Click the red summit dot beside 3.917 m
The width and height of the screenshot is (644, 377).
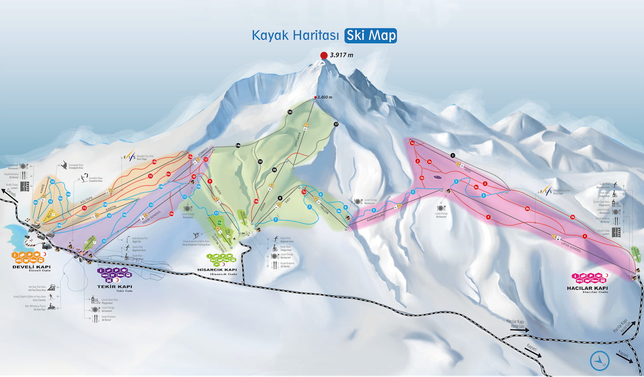(324, 55)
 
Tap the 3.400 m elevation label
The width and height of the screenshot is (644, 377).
(325, 97)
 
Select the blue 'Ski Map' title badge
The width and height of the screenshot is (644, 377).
(371, 36)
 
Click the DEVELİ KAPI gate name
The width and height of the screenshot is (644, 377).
(31, 266)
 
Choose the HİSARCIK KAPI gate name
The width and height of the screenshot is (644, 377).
(217, 270)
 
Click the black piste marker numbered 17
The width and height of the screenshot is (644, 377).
(336, 124)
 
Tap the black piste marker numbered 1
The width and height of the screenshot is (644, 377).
(452, 155)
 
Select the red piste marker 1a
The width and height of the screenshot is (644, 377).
(412, 143)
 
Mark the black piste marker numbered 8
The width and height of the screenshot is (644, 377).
(280, 198)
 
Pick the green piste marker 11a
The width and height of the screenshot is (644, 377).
(219, 223)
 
